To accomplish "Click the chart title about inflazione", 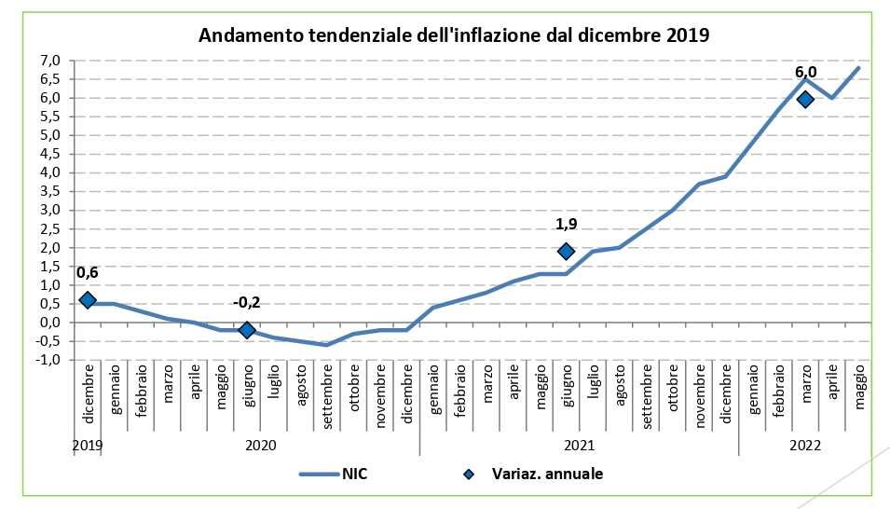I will point(454,36).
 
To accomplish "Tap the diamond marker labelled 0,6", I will point(88,300).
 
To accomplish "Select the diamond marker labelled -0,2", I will point(247,330).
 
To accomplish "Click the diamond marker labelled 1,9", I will point(566,251).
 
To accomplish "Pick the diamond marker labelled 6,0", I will point(805,99).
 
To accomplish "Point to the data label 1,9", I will point(566,225).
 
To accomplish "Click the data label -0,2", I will point(247,303).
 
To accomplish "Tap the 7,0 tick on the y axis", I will point(50,61).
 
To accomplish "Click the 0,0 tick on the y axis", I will point(50,323).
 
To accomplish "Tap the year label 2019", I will point(88,445).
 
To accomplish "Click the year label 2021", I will point(579,445).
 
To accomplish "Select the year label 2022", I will point(805,445).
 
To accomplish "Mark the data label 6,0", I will point(805,72).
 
